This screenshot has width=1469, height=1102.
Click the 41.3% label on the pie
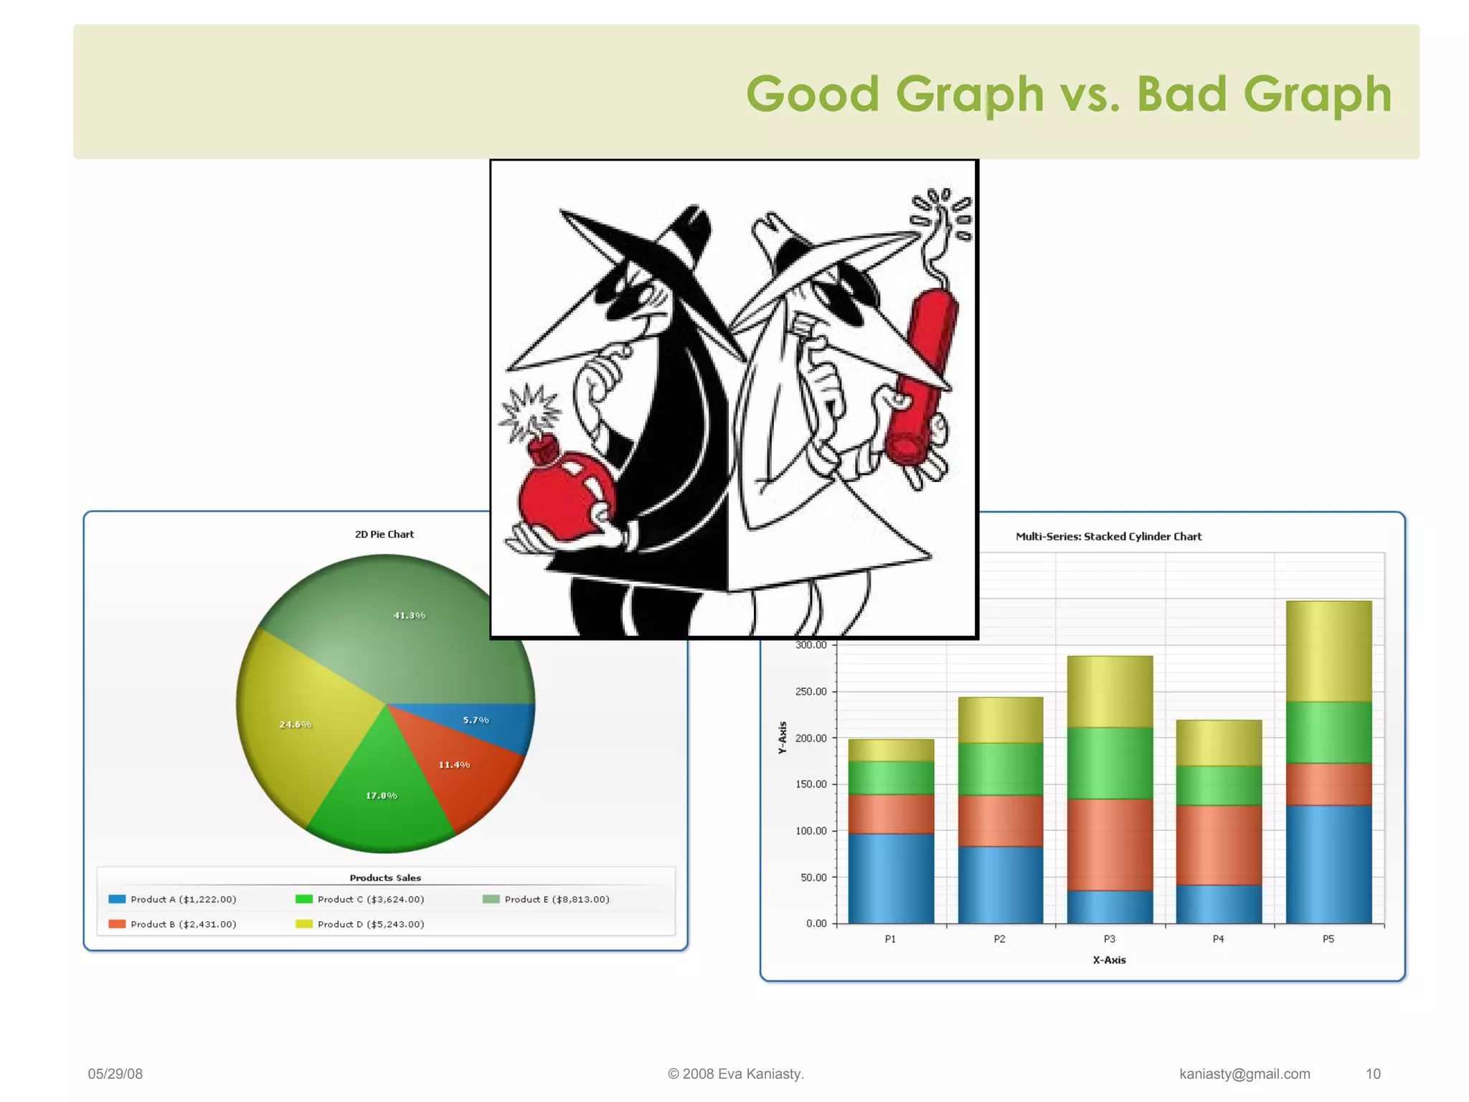pos(410,616)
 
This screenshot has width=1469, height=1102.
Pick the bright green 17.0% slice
pos(380,804)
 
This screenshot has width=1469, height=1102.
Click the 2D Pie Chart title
pos(384,534)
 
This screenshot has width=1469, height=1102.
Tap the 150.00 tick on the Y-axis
pos(811,784)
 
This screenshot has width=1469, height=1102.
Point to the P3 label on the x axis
pos(1110,939)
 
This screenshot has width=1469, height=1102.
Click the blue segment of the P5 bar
pos(1328,865)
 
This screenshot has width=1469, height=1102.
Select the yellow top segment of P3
pos(1110,691)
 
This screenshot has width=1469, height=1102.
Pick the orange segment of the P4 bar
pos(1219,844)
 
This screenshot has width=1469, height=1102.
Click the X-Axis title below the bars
pos(1109,960)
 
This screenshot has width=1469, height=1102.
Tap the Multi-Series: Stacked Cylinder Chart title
pos(1108,537)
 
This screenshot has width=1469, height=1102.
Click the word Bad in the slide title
pos(1181,94)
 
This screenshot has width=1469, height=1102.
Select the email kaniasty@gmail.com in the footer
pos(1244,1074)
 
